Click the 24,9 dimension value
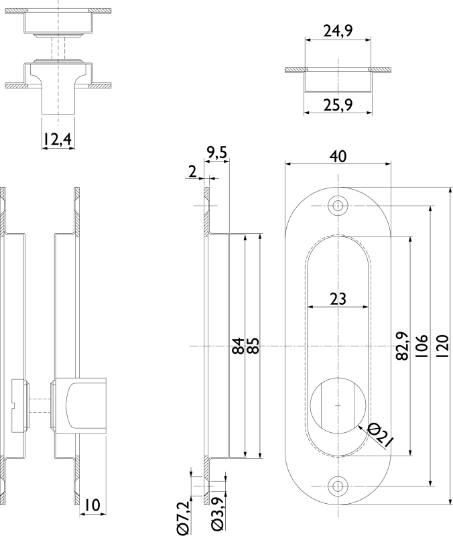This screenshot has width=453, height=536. (x=338, y=31)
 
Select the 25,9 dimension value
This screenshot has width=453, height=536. (x=338, y=105)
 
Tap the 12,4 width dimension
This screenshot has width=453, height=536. (x=58, y=139)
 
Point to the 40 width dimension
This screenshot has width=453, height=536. (x=338, y=156)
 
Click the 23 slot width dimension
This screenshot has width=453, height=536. (x=338, y=299)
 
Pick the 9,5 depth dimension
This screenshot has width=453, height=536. (x=216, y=153)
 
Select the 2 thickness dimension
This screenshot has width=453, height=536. (x=192, y=172)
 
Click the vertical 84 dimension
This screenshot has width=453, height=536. (x=239, y=346)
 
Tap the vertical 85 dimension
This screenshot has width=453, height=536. (x=253, y=346)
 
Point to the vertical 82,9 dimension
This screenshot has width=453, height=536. (x=403, y=346)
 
